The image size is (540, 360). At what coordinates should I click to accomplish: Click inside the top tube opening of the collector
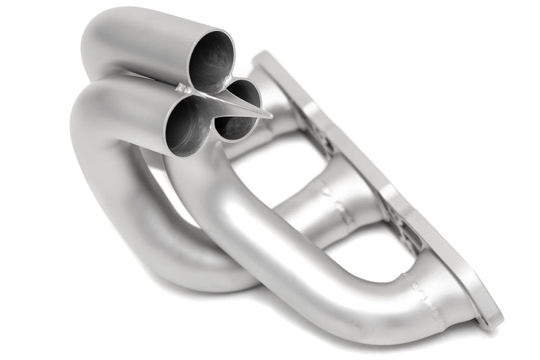coord(211,62)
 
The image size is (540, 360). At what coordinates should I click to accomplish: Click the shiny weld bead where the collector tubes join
coord(184,88)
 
